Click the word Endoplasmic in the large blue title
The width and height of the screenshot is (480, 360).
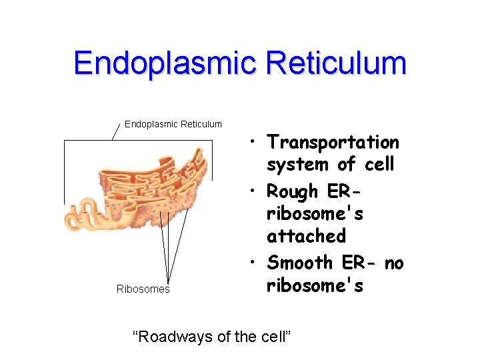click(165, 63)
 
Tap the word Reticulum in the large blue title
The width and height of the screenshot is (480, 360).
click(335, 63)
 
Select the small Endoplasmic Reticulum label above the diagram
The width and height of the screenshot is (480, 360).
click(173, 124)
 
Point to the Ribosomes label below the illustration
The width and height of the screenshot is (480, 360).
click(143, 289)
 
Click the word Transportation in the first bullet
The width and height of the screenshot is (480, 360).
click(333, 142)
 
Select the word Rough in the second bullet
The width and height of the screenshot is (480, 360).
click(293, 191)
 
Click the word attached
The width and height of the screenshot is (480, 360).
click(306, 235)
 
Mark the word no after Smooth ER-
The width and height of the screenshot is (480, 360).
click(393, 263)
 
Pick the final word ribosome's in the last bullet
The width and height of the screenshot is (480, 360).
click(315, 285)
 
